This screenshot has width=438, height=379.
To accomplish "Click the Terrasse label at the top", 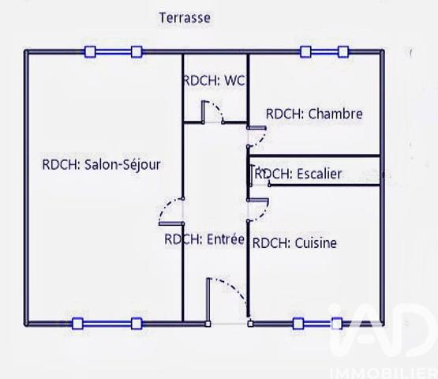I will (x=184, y=17).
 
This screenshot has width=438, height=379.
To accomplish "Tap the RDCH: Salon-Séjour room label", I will (x=101, y=165).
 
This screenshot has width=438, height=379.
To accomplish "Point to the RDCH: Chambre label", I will (x=314, y=114).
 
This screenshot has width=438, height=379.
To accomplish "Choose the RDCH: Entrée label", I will (x=204, y=239).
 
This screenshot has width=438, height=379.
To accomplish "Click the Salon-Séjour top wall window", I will (x=113, y=52).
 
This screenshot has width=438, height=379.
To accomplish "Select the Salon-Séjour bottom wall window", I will (x=107, y=322).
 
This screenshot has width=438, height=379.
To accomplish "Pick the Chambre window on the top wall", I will (x=324, y=52).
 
